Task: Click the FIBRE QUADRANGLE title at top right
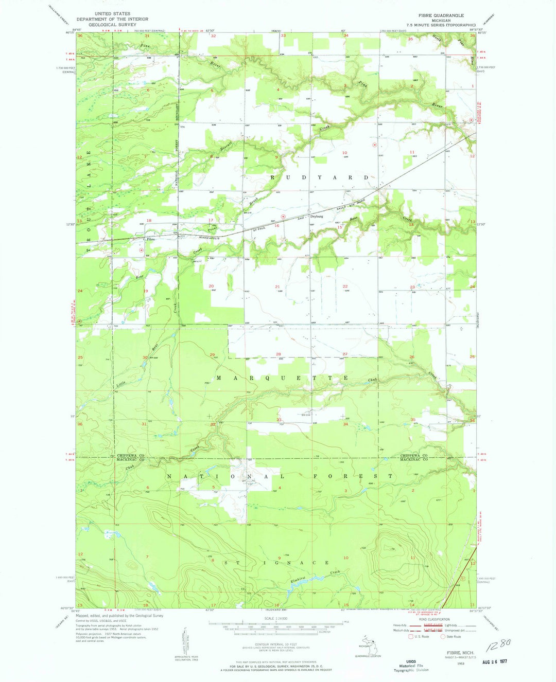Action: pos(442,15)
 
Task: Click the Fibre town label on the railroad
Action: pos(151,239)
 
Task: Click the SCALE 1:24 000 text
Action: pos(276,618)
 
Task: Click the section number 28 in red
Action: pos(279,354)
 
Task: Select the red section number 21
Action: pos(277,286)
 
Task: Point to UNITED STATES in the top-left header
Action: pos(112,14)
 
